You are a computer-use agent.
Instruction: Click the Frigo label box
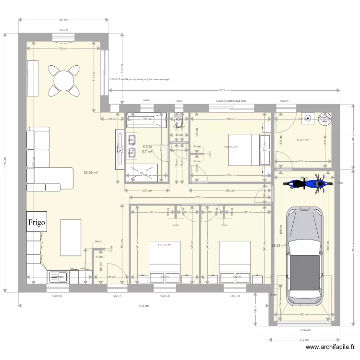coord(37,222)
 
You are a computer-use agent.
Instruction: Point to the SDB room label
coord(146,147)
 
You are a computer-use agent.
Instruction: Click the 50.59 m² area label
coord(91,172)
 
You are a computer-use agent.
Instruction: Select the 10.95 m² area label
coord(230,147)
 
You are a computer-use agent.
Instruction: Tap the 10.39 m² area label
coord(165,245)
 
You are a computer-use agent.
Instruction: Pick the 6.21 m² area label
coord(302,140)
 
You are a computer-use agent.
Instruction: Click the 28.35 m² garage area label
coord(278,245)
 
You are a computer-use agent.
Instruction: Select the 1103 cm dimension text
coord(143,305)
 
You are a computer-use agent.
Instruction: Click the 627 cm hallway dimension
coord(198,197)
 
